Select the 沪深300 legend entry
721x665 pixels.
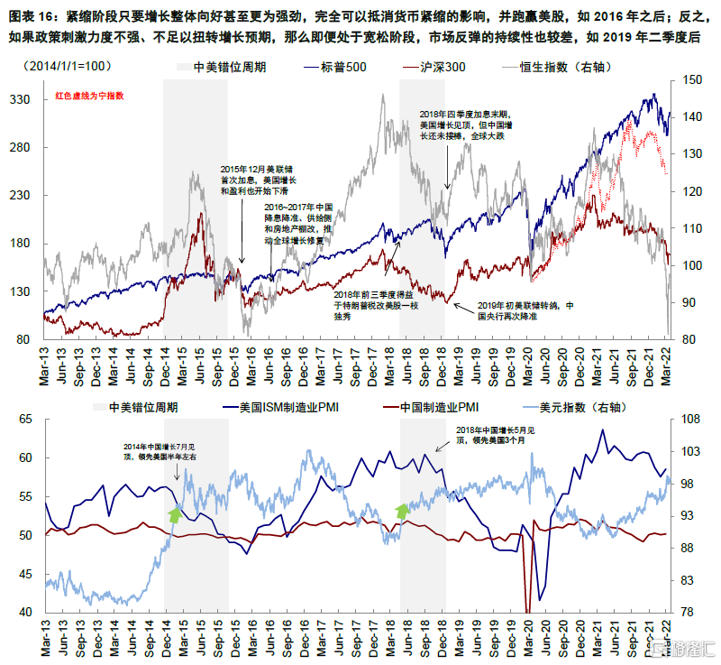point(441,67)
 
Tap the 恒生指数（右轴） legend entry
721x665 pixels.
point(562,67)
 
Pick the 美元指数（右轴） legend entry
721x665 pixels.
point(623,406)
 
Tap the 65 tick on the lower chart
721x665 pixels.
point(26,420)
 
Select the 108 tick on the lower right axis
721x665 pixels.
point(689,420)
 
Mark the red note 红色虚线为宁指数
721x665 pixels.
point(88,96)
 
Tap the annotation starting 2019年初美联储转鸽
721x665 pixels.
point(525,311)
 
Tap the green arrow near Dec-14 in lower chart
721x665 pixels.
point(174,515)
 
